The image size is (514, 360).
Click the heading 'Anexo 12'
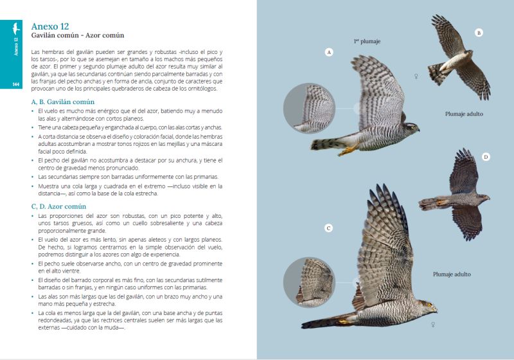pos(50,26)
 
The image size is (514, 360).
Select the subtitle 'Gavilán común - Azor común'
pos(77,35)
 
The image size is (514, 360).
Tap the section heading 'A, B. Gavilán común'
pos(63,102)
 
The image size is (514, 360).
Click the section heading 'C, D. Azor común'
pos(58,206)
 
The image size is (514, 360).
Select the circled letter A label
pos(330,52)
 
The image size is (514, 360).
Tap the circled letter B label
pos(479,33)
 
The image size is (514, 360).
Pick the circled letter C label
pos(328,228)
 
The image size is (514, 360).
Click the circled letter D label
pos(486,157)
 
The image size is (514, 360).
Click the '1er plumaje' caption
pos(367,42)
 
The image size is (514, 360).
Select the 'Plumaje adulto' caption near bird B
pos(464,114)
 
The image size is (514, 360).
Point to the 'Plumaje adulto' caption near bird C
pos(452,274)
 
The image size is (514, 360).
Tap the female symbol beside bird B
pos(416,76)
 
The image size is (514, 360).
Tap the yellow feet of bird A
pos(347,151)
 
